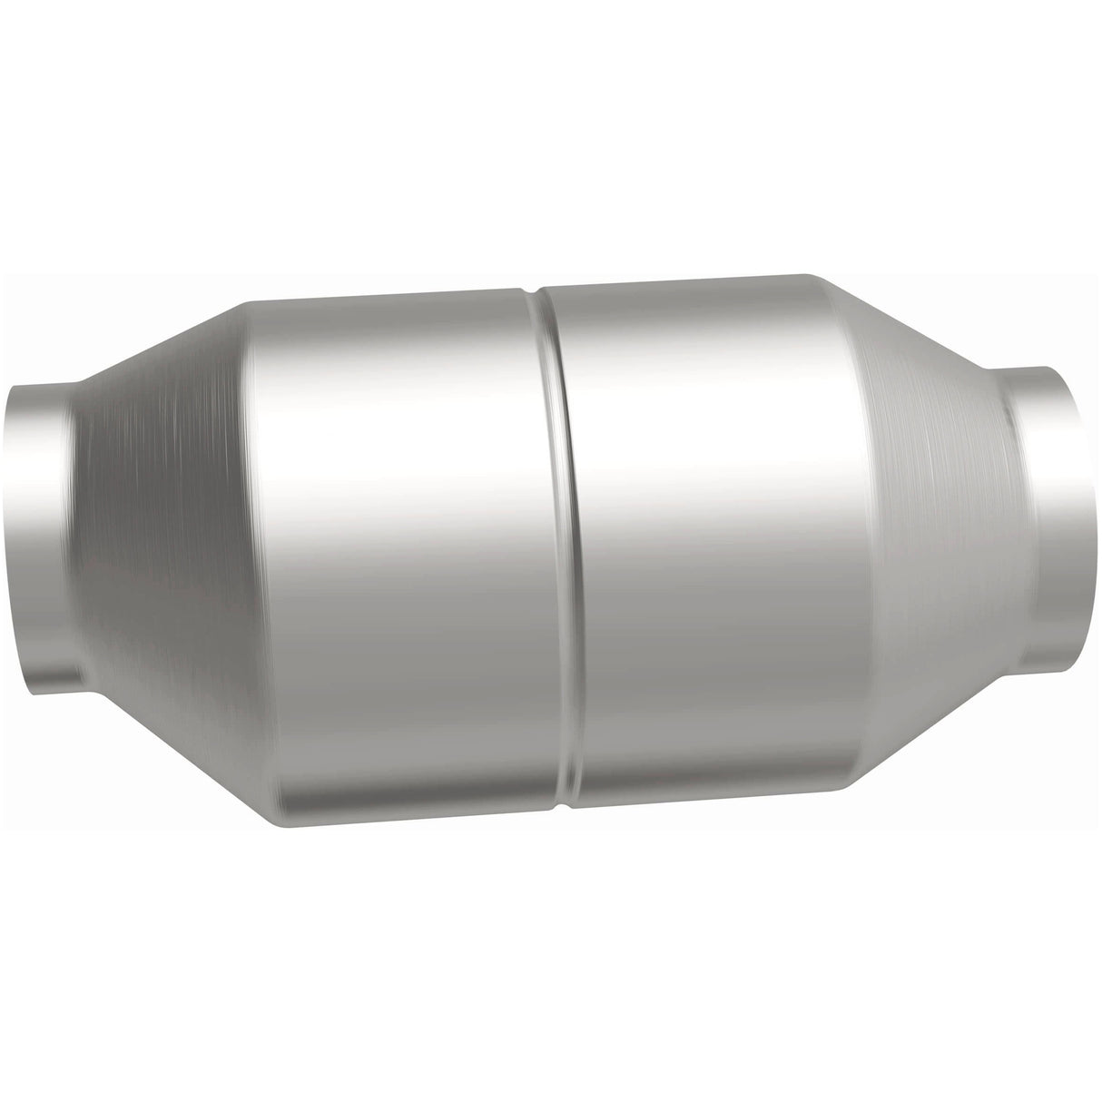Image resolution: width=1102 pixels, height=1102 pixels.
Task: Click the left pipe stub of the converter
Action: [36, 536]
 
